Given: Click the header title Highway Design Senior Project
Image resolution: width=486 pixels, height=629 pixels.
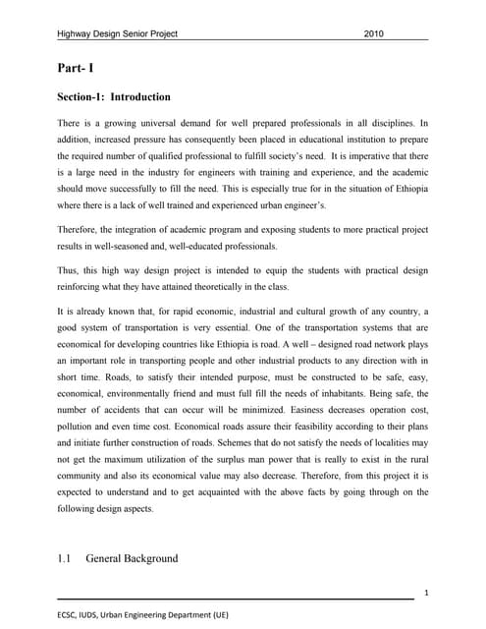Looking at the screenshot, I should (x=117, y=33).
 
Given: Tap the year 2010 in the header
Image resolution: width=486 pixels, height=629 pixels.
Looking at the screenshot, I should (x=374, y=33).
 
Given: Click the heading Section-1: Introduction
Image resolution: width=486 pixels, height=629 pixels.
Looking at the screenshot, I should (x=114, y=97).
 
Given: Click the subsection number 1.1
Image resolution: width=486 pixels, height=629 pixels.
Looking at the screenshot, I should (x=66, y=558).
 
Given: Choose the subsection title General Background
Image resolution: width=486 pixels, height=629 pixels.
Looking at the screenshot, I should (x=133, y=558).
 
